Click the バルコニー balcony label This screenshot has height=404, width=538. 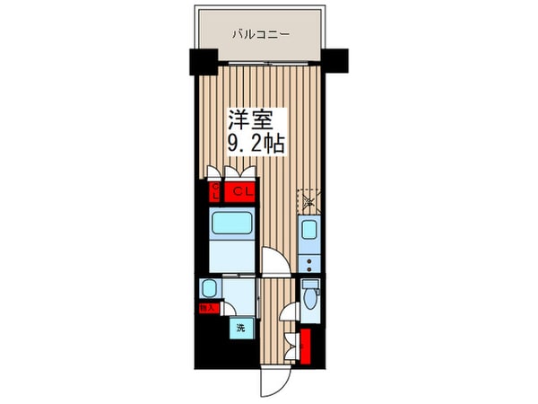[x=260, y=35]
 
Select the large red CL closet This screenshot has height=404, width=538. [x=240, y=191]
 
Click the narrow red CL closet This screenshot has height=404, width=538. [x=215, y=191]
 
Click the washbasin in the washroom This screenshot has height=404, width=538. [x=208, y=288]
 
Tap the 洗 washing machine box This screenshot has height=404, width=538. [x=240, y=329]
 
